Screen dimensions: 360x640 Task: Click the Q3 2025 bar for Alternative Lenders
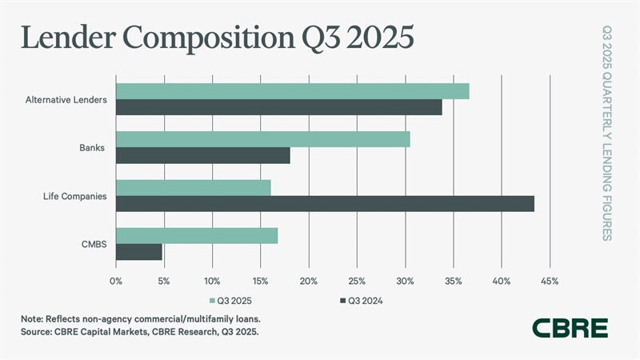click(292, 91)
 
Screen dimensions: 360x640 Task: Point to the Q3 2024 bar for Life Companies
click(325, 204)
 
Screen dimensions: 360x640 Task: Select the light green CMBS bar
click(197, 236)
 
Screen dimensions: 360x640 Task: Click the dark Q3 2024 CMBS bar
click(139, 252)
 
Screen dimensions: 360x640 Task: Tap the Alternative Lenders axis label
click(66, 100)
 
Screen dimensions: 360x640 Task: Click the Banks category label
click(92, 148)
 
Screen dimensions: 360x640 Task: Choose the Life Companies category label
click(74, 196)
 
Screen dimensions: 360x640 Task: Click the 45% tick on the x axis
click(549, 281)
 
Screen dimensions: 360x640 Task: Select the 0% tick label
click(116, 281)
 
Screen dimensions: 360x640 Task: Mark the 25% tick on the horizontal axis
click(357, 281)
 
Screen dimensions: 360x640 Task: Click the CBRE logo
click(571, 327)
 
